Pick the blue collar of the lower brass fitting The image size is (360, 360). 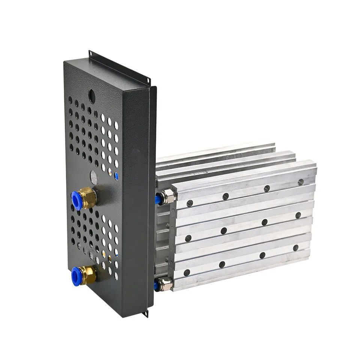pos(77,277)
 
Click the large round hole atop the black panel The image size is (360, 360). pos(91,96)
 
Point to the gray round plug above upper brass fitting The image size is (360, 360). pos(94,177)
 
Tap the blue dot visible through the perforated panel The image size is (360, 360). pos(116,175)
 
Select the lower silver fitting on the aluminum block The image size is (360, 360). pos(165,284)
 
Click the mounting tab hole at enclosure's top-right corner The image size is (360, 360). pos(148,80)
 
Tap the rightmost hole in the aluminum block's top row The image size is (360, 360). pos(300,182)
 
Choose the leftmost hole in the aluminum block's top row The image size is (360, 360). pos(190,203)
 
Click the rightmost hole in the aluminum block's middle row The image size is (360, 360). pos(298,215)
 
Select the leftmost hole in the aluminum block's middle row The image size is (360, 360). pos(188,238)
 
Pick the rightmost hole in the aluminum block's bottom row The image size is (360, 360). pos(295,248)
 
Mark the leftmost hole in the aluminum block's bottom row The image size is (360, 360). pos(187,272)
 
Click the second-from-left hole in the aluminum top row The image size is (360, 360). pos(225,196)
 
